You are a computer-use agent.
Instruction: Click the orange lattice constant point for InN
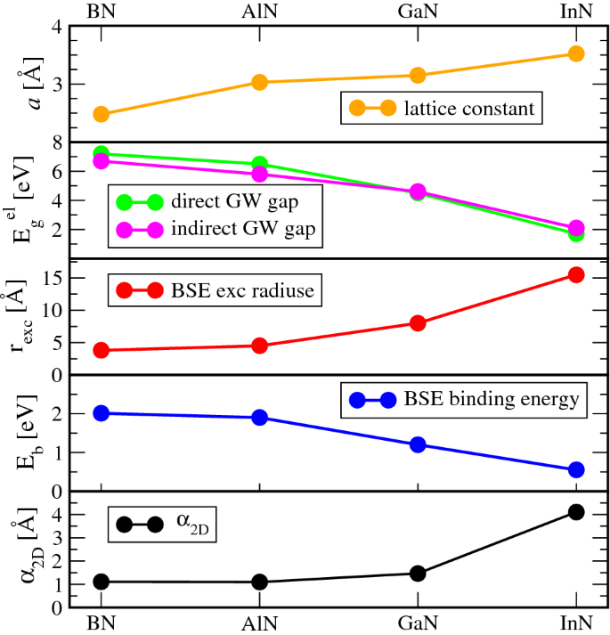(x=575, y=53)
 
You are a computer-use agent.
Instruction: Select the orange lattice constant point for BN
(x=102, y=114)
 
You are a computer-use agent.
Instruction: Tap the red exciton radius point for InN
(x=575, y=275)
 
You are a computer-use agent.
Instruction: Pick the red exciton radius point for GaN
(x=417, y=323)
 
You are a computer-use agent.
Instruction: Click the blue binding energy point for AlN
(x=259, y=417)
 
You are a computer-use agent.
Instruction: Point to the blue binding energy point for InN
(x=575, y=469)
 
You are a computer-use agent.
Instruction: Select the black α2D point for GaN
(x=417, y=574)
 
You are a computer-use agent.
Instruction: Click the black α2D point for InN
(x=575, y=512)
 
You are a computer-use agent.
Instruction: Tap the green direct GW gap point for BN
(x=102, y=154)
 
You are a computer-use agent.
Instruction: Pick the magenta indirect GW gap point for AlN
(x=259, y=174)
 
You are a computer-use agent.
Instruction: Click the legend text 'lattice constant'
(x=468, y=110)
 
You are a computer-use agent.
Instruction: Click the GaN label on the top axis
(x=417, y=12)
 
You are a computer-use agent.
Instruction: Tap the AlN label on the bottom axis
(x=259, y=623)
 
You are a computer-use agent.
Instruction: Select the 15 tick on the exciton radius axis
(x=61, y=278)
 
